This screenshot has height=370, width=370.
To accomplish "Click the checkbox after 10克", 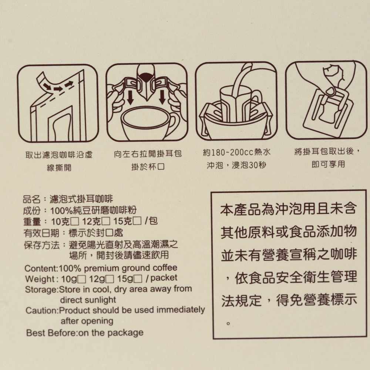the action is [x=75, y=222].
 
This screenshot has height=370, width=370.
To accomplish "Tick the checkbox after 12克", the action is [x=106, y=221].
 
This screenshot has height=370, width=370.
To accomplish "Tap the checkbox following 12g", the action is [x=110, y=279].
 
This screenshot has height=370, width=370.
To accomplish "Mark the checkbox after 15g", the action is [x=138, y=279].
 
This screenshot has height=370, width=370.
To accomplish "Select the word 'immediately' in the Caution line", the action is [x=181, y=310].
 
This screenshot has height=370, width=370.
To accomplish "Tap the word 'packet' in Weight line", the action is [x=164, y=278].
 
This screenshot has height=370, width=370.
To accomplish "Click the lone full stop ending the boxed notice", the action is [x=228, y=323].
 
